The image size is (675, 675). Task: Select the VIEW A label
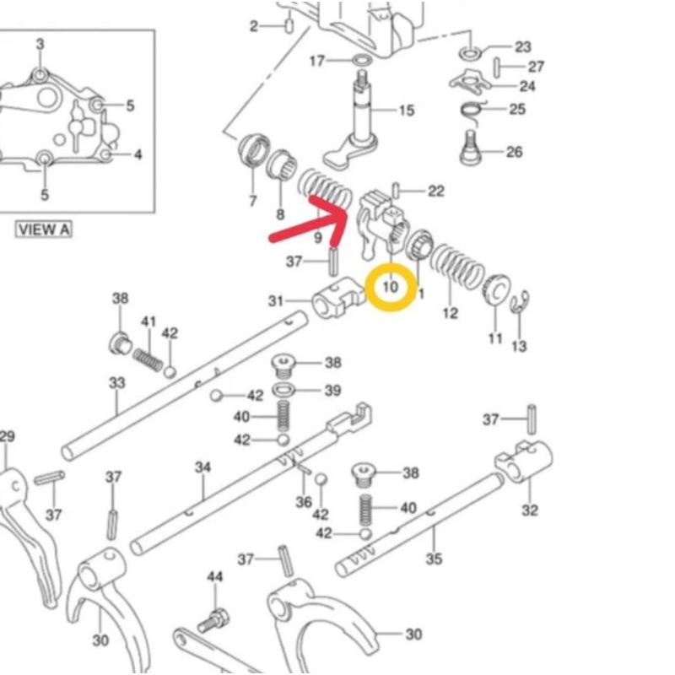(x=44, y=229)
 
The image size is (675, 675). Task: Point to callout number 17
(x=317, y=61)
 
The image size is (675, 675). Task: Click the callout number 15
(x=406, y=111)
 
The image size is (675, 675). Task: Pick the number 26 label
(x=514, y=152)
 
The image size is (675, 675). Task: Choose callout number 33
(x=116, y=383)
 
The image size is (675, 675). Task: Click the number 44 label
(x=215, y=576)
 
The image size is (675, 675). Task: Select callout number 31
(x=276, y=300)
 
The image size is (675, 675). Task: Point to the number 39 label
(x=332, y=390)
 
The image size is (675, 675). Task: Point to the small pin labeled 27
(x=499, y=64)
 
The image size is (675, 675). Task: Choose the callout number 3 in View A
(x=40, y=44)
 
